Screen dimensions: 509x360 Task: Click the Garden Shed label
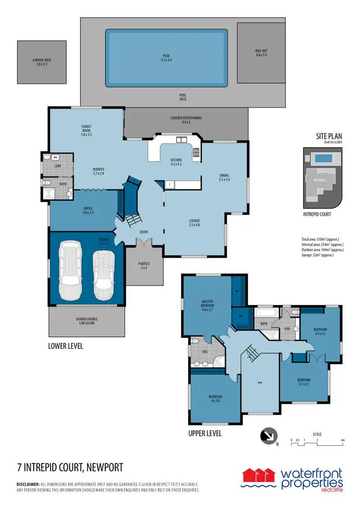click(x=42, y=62)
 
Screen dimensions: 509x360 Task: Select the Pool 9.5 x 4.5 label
click(x=167, y=58)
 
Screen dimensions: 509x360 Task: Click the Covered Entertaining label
click(x=186, y=120)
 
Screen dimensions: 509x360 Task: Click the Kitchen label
click(x=176, y=162)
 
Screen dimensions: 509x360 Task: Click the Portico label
click(x=144, y=266)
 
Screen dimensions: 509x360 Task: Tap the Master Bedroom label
click(x=207, y=305)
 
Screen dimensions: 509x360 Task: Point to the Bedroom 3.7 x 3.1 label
click(x=304, y=382)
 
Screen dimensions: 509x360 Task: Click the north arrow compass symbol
click(x=267, y=436)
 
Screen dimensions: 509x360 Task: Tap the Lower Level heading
click(x=66, y=346)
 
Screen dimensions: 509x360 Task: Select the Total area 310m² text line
click(x=321, y=239)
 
